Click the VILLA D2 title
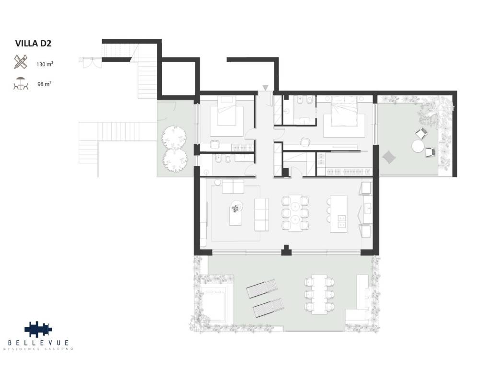[x=33, y=43]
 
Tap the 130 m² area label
[x=45, y=64]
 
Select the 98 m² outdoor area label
[x=44, y=84]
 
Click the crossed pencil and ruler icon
[x=21, y=62]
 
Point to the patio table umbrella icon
[x=21, y=83]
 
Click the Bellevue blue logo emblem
[x=38, y=329]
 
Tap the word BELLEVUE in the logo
[x=38, y=343]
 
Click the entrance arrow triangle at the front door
[x=265, y=88]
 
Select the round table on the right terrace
[x=418, y=146]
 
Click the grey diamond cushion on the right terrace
[x=389, y=157]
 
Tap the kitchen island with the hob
[x=339, y=214]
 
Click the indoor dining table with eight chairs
[x=295, y=213]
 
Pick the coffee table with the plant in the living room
[x=235, y=213]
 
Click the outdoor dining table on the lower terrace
[x=319, y=295]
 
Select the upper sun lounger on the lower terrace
[x=262, y=288]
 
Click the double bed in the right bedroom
[x=344, y=117]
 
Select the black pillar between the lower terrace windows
[x=286, y=250]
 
